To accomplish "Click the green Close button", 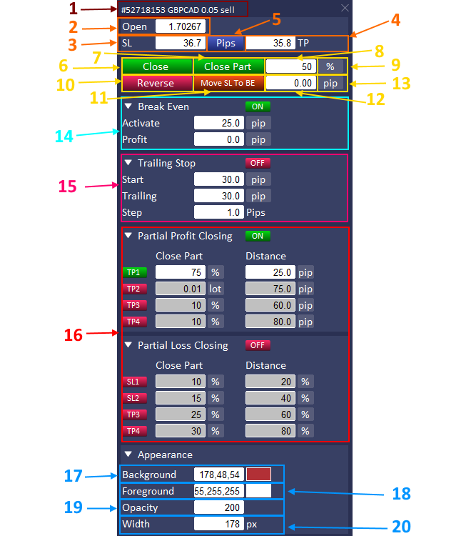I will pyautogui.click(x=156, y=66).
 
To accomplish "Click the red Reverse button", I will pyautogui.click(x=156, y=83).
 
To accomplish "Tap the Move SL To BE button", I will pyautogui.click(x=228, y=83).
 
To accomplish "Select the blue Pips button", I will pyautogui.click(x=226, y=43).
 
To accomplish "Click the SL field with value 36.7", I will pyautogui.click(x=181, y=43).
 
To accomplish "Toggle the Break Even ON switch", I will pyautogui.click(x=258, y=106).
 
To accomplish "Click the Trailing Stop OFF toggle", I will pyautogui.click(x=258, y=163).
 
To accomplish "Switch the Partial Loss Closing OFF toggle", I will pyautogui.click(x=258, y=345).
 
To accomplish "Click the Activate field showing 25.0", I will pyautogui.click(x=219, y=123).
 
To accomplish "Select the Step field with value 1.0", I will pyautogui.click(x=219, y=212).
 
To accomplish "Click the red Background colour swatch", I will pyautogui.click(x=258, y=475).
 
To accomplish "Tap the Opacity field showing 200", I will pyautogui.click(x=219, y=507).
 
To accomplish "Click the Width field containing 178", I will pyautogui.click(x=219, y=524).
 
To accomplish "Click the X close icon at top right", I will pyautogui.click(x=345, y=9).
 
